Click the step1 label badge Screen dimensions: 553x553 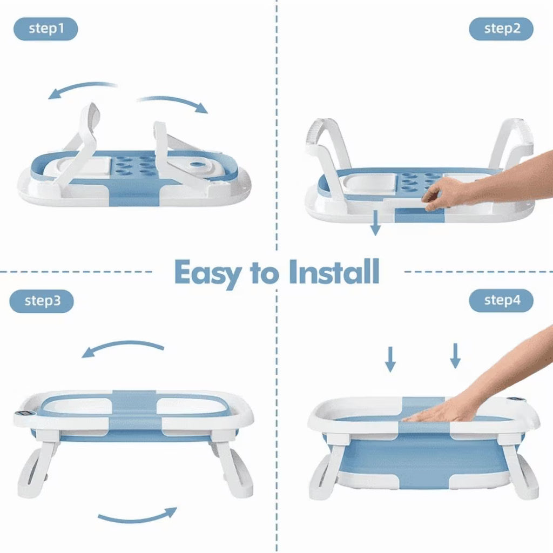45,29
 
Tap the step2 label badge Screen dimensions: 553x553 501,29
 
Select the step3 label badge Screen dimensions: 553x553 42,301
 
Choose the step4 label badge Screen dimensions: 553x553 501,300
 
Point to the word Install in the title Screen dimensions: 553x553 334,272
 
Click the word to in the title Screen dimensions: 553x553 265,273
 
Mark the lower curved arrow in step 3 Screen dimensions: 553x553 138,517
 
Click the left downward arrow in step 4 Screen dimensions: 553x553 390,359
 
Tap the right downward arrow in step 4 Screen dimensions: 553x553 455,356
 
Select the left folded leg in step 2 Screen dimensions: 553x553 326,148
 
